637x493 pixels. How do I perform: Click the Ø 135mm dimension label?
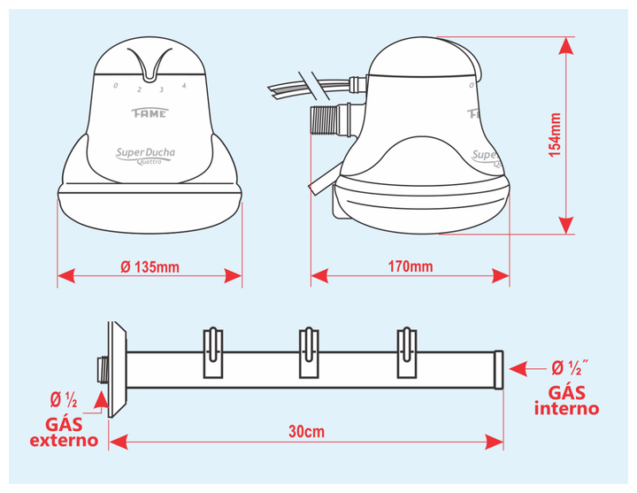tap(150, 267)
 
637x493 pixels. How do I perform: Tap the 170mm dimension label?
tap(411, 266)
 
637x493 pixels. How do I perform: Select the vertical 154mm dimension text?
tap(555, 135)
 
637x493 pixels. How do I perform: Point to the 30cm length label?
tap(307, 432)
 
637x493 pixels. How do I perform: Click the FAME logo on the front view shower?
tap(150, 113)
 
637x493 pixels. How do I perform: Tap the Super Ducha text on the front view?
tap(145, 153)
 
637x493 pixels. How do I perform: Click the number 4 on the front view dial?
tap(184, 86)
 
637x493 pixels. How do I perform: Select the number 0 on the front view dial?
tap(116, 85)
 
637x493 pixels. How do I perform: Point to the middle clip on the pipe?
tap(309, 352)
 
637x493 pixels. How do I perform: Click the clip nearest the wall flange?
tap(213, 352)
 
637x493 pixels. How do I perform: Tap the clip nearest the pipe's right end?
tap(407, 352)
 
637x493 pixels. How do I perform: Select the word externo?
tap(64, 441)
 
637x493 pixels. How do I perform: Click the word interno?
tap(567, 408)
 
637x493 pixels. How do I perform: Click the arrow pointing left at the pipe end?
tap(527, 369)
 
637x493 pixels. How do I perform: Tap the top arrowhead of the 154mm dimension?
tap(566, 45)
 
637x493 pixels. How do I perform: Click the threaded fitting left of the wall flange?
tap(104, 369)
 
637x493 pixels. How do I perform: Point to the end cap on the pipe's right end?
tap(499, 369)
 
